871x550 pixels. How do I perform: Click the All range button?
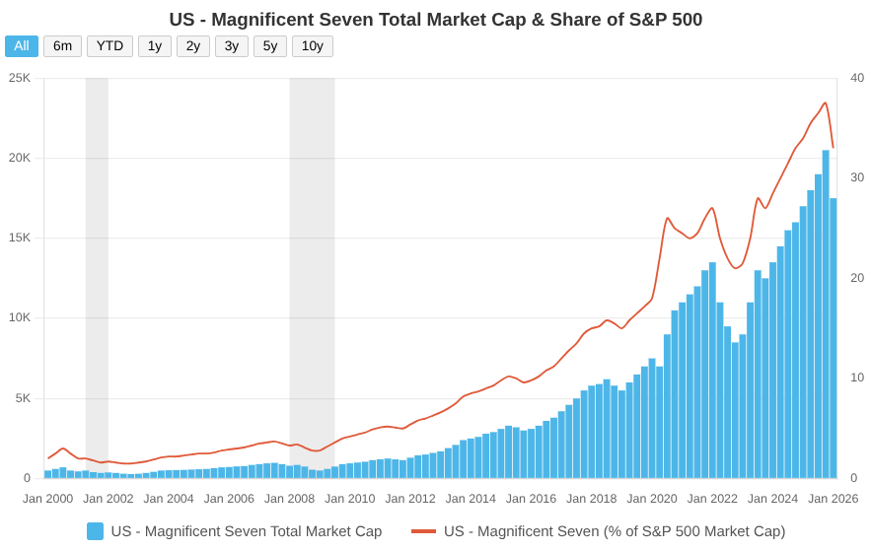(22, 46)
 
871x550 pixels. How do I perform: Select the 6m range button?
(62, 46)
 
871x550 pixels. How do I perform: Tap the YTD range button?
(109, 46)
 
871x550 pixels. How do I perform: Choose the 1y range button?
(155, 46)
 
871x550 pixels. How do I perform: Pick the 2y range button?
(193, 46)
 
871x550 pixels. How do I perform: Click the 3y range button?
(232, 46)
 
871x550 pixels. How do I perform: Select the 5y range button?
(270, 46)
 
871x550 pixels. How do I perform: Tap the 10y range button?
(313, 46)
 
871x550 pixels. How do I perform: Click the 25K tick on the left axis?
(20, 78)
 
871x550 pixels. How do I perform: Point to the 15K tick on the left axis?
(20, 238)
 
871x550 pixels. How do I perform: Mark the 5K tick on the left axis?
(23, 398)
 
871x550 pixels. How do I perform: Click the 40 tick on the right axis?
(857, 78)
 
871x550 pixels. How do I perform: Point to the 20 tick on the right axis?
(857, 278)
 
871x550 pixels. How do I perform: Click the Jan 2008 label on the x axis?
(289, 499)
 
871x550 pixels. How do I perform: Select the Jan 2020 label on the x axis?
(652, 499)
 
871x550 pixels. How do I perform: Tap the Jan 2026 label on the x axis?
(833, 499)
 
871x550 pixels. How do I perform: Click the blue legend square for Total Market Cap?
(95, 531)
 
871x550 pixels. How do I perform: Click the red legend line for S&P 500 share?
(423, 531)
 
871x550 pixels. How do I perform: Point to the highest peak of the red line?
(826, 103)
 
